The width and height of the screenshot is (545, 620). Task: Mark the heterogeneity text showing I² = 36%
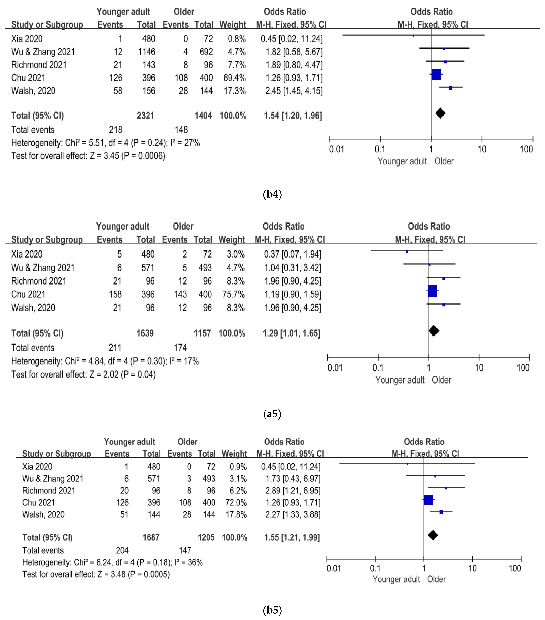click(112, 562)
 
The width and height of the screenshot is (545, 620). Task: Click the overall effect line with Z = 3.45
click(88, 156)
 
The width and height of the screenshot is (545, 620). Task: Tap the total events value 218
click(116, 130)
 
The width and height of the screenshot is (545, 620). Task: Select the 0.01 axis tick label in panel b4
click(336, 149)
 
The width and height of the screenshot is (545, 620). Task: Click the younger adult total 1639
click(145, 333)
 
